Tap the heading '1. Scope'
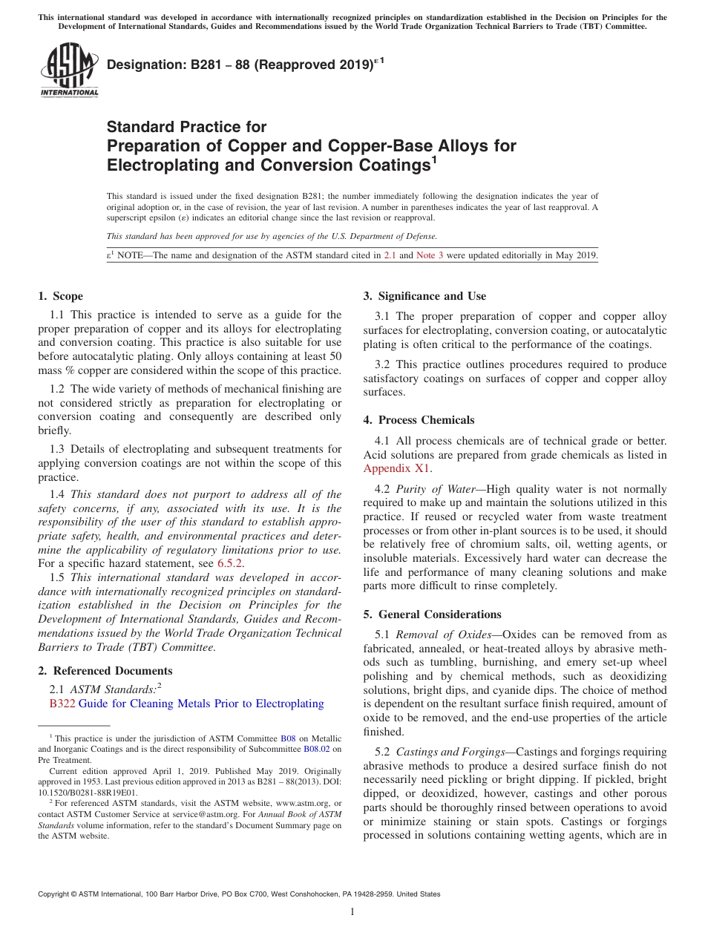click(x=61, y=296)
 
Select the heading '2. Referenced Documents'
click(x=95, y=671)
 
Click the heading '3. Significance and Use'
click(x=424, y=296)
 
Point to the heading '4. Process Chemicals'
click(x=419, y=420)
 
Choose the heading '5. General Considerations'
click(x=432, y=614)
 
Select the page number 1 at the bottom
click(x=352, y=911)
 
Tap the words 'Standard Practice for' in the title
click(x=186, y=127)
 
